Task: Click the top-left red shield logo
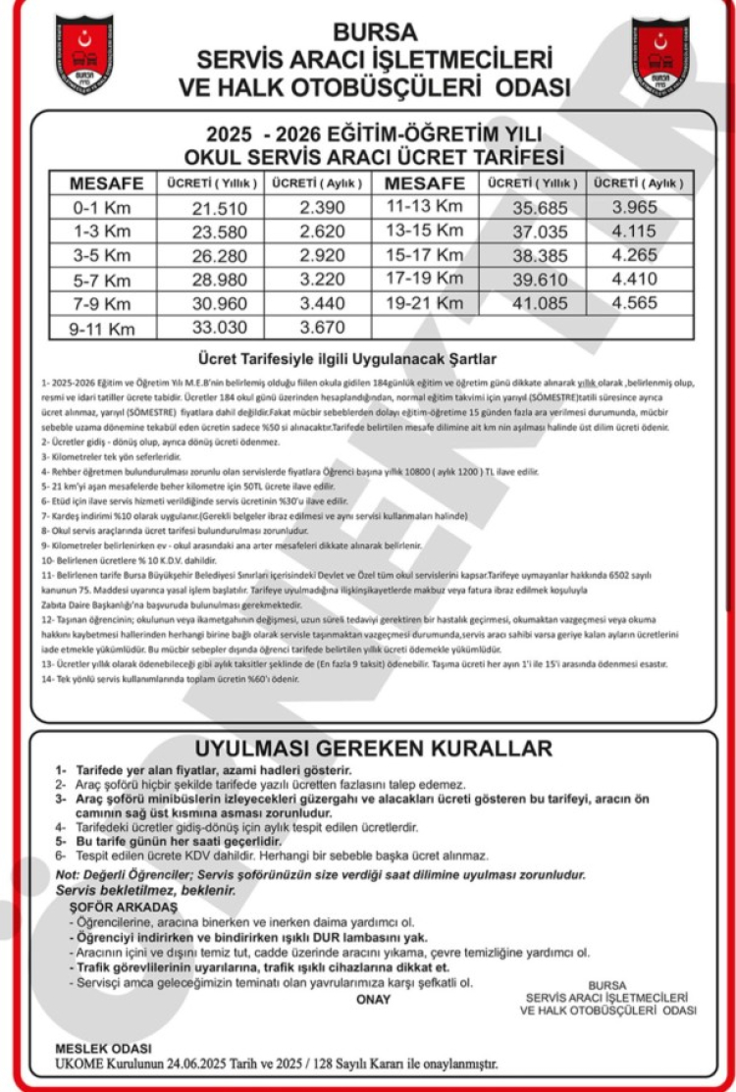coord(83,55)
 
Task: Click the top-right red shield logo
coord(659,55)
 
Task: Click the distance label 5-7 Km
coord(101,280)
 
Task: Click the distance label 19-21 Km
coord(424,303)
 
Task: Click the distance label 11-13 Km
coord(424,207)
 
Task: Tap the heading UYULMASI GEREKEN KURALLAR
coord(373,749)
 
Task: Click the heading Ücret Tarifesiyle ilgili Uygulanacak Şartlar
coord(373,359)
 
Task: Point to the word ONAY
coord(373,1000)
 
